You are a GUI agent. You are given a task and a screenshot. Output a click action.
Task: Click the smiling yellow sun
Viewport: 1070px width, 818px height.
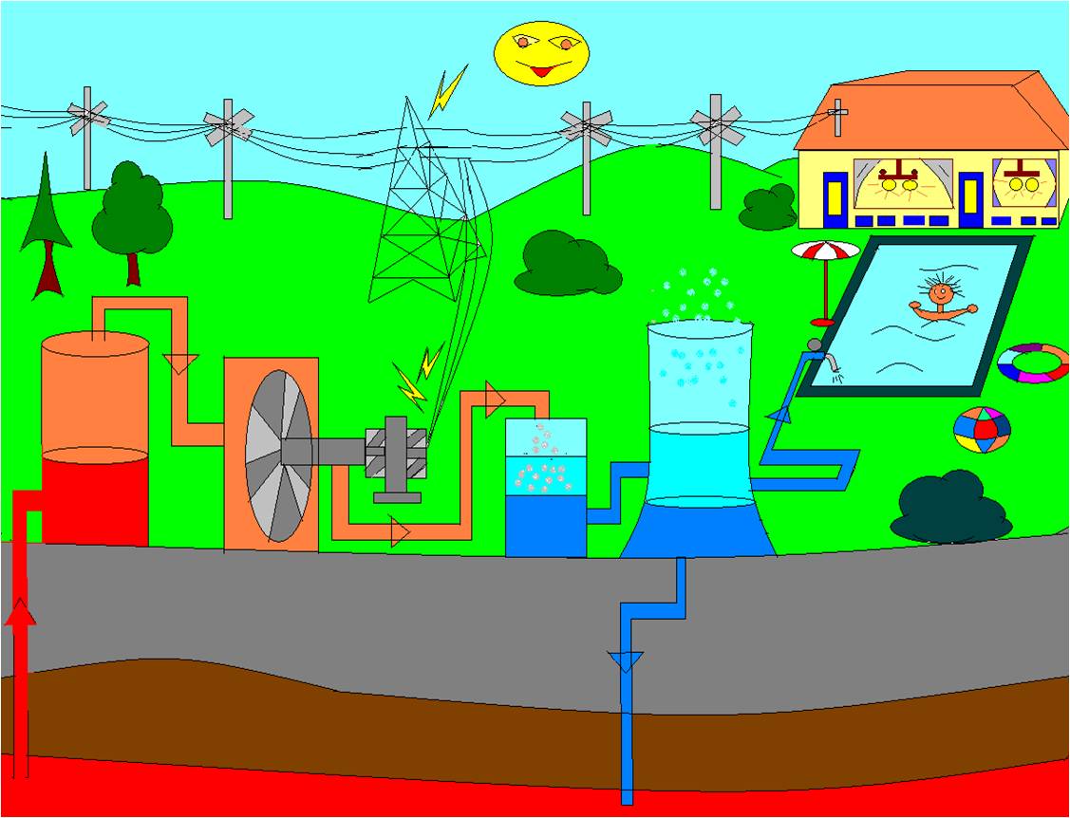[541, 53]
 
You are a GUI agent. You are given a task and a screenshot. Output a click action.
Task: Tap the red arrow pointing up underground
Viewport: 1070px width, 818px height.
[21, 617]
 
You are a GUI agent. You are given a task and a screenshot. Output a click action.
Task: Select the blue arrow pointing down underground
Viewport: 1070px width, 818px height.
[626, 660]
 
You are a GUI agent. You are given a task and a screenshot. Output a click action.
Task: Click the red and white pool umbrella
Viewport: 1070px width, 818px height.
[825, 251]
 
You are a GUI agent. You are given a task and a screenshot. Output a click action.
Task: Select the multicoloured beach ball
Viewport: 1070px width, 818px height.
[982, 430]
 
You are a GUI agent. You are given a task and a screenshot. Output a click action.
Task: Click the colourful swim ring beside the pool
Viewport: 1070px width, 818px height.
[1032, 363]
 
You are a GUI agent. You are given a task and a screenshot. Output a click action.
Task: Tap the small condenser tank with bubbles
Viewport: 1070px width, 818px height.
[545, 486]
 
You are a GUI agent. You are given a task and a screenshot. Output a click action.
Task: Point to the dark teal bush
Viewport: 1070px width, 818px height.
[950, 508]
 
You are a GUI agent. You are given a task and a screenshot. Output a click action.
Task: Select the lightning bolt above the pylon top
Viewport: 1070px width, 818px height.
[447, 91]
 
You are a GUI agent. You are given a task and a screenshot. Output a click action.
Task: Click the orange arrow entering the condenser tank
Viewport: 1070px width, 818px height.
[495, 400]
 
